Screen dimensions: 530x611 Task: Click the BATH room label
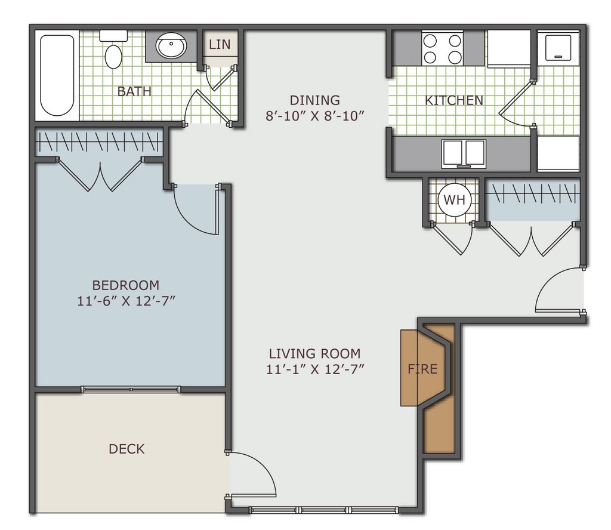point(134,91)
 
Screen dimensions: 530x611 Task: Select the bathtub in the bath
point(57,75)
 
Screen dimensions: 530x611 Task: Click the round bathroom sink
point(171,46)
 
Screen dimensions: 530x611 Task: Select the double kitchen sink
point(464,153)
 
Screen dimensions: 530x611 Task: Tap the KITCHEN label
point(454,100)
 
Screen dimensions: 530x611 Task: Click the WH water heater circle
point(455,200)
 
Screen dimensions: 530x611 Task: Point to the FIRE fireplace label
point(422,369)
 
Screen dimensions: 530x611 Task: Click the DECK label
point(126,449)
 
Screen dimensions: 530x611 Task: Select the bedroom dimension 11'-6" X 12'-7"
point(126,301)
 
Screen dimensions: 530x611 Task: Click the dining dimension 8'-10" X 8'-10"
point(314,116)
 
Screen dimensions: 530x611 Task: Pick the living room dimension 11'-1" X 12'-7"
point(315,369)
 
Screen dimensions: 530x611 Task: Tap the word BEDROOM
point(126,285)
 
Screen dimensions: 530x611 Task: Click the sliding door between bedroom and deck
point(131,390)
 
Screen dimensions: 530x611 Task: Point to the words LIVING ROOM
point(314,353)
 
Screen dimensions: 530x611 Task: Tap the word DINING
point(314,100)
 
